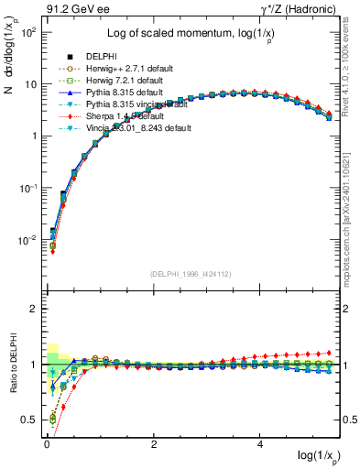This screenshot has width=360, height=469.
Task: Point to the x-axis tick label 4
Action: (261, 443)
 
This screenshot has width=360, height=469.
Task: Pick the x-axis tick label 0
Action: (47, 443)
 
